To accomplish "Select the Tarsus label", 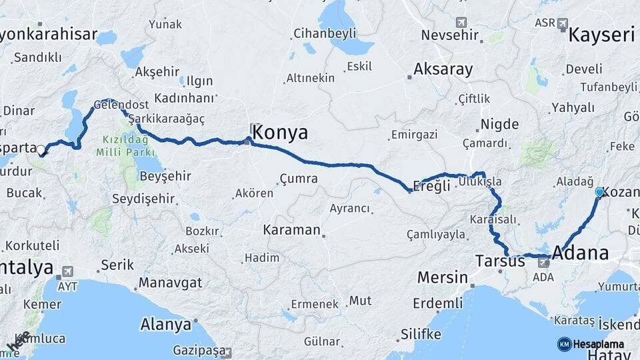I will (x=500, y=261).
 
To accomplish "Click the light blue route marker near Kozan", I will (x=599, y=192).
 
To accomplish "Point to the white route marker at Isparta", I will (x=41, y=150).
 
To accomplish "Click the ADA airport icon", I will (x=545, y=262).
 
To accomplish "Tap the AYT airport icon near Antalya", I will (x=67, y=272).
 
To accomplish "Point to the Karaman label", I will (x=291, y=230).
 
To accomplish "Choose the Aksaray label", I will (x=443, y=69).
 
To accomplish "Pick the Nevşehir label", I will (x=451, y=35).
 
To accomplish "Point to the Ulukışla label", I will (x=479, y=181).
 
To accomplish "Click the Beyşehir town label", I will (x=165, y=176).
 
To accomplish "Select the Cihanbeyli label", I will (x=325, y=33).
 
